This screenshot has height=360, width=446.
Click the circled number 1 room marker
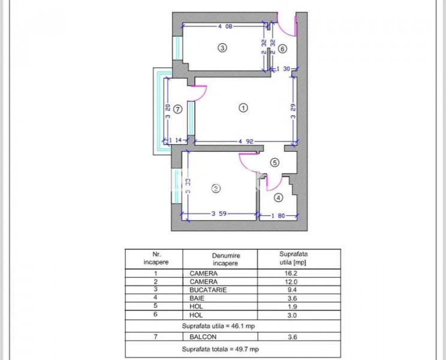[243, 108]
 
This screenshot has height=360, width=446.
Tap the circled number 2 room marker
[216, 188]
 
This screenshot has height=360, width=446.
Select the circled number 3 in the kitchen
[222, 48]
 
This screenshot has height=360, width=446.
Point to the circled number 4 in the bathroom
[279, 198]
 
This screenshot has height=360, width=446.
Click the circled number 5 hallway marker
[275, 162]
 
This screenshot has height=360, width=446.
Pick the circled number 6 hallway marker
[282, 49]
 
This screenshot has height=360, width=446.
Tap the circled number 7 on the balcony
[177, 109]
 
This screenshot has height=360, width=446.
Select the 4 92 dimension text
[245, 142]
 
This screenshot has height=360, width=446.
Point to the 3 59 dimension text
[219, 214]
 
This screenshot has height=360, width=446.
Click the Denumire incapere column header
[225, 259]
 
